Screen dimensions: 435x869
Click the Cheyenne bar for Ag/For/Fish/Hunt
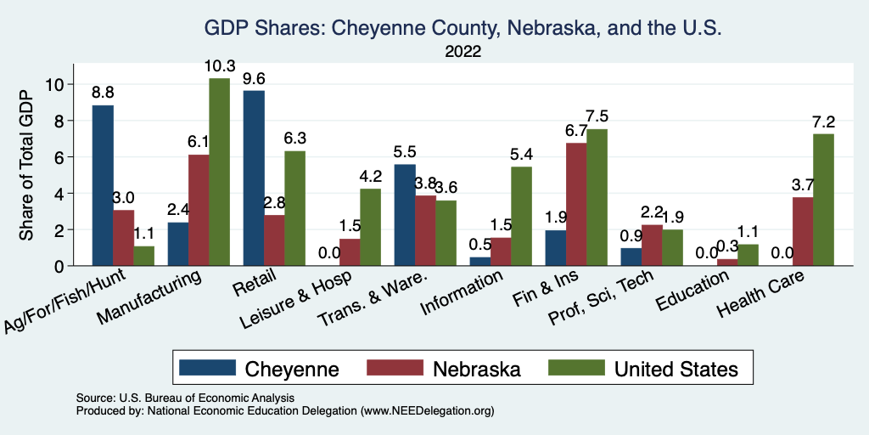click(103, 185)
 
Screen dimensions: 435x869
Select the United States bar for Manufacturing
click(219, 172)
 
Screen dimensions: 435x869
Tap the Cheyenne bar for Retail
click(254, 178)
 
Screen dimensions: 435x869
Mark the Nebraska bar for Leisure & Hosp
click(348, 252)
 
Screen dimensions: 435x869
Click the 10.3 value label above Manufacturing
click(219, 65)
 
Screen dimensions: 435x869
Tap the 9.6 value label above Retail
click(254, 77)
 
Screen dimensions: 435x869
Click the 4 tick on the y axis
click(59, 194)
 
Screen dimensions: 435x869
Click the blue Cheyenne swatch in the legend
click(206, 368)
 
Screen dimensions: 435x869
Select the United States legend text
click(676, 369)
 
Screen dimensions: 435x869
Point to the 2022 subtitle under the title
click(463, 52)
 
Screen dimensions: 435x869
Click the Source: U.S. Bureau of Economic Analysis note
click(185, 398)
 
